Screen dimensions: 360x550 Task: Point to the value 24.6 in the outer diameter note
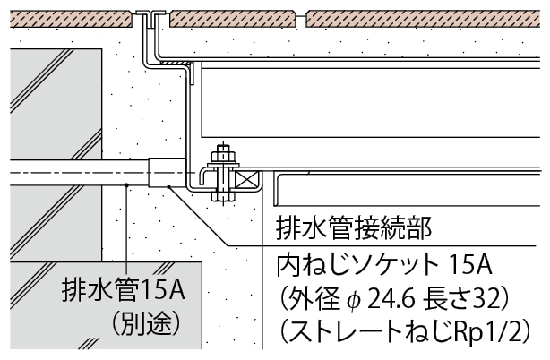395,296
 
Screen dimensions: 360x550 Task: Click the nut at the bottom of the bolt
221,192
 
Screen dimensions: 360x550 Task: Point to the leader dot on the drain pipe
127,185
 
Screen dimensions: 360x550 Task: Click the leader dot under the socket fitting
168,186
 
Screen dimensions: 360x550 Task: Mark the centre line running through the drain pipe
72,170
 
